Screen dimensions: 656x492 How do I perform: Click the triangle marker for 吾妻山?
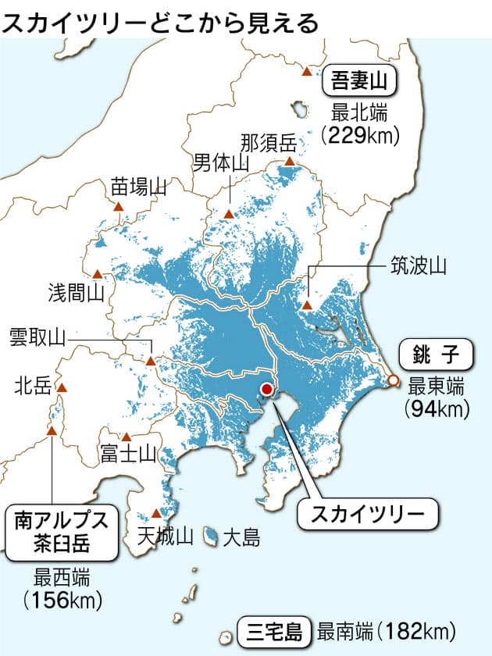click(306, 71)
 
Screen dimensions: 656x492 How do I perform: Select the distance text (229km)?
click(360, 135)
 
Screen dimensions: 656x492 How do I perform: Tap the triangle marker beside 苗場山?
click(119, 207)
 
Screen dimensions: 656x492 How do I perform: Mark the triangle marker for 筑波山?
click(308, 306)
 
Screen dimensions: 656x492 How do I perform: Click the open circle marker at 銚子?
click(394, 380)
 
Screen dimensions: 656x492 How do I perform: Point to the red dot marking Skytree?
click(267, 388)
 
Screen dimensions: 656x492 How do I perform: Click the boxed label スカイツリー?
click(368, 513)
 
